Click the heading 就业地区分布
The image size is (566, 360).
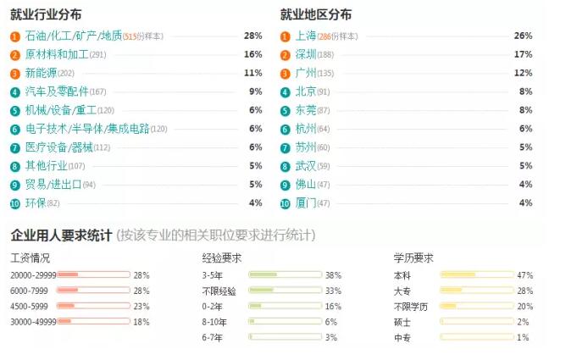(x=316, y=14)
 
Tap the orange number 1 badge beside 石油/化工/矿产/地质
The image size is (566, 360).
(x=15, y=36)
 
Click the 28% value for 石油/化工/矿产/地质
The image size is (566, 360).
(x=252, y=36)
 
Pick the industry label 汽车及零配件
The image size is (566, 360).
(x=56, y=91)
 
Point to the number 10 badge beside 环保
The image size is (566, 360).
(x=15, y=203)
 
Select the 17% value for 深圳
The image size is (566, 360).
(x=523, y=54)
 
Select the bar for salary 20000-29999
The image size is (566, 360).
(x=93, y=275)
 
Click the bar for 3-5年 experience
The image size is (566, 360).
(x=286, y=275)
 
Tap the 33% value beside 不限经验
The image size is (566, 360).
(x=333, y=291)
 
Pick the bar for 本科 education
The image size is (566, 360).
(x=476, y=275)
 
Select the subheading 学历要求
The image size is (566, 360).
(x=413, y=258)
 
